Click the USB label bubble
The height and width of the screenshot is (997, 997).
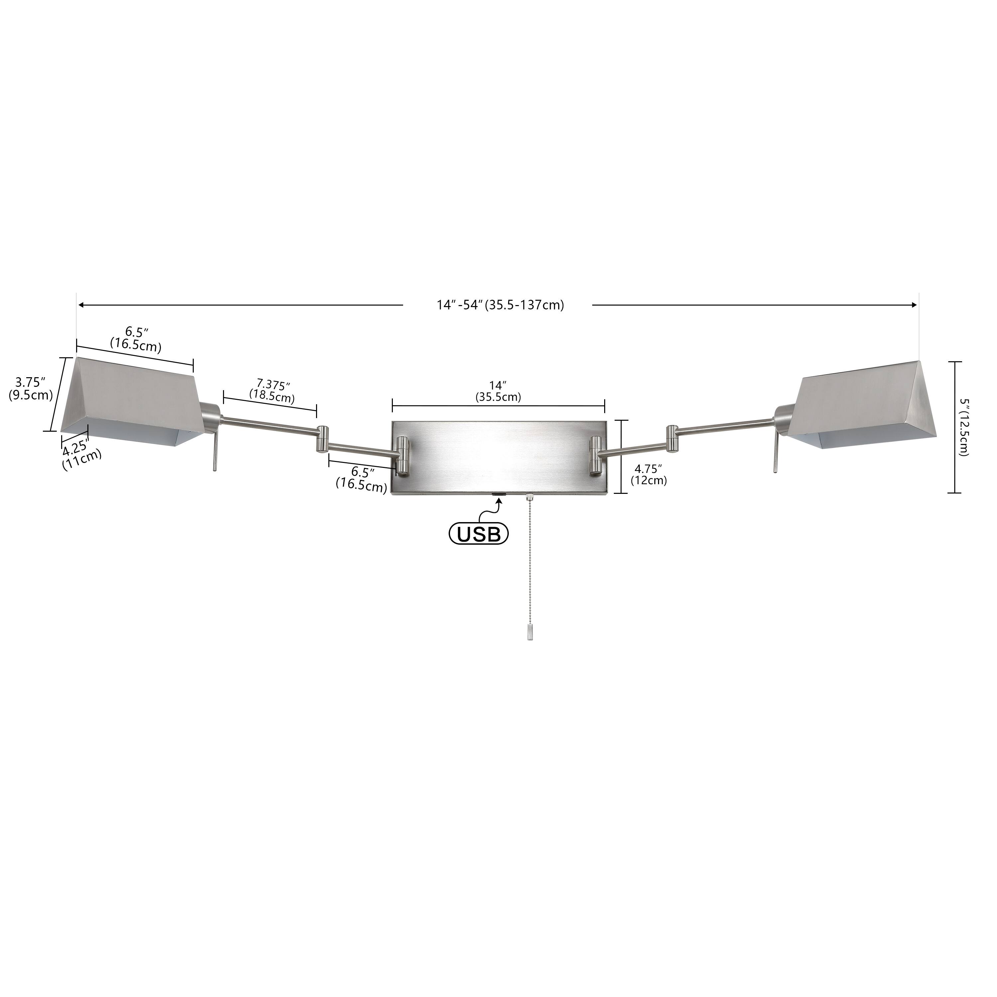pyautogui.click(x=478, y=534)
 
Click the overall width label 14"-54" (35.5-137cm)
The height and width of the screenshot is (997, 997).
pyautogui.click(x=500, y=305)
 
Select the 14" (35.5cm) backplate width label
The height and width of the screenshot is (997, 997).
pyautogui.click(x=498, y=391)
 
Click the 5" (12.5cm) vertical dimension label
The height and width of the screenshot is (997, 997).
pyautogui.click(x=963, y=427)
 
